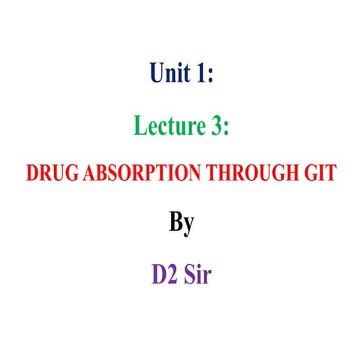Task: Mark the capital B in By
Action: click(173, 222)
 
